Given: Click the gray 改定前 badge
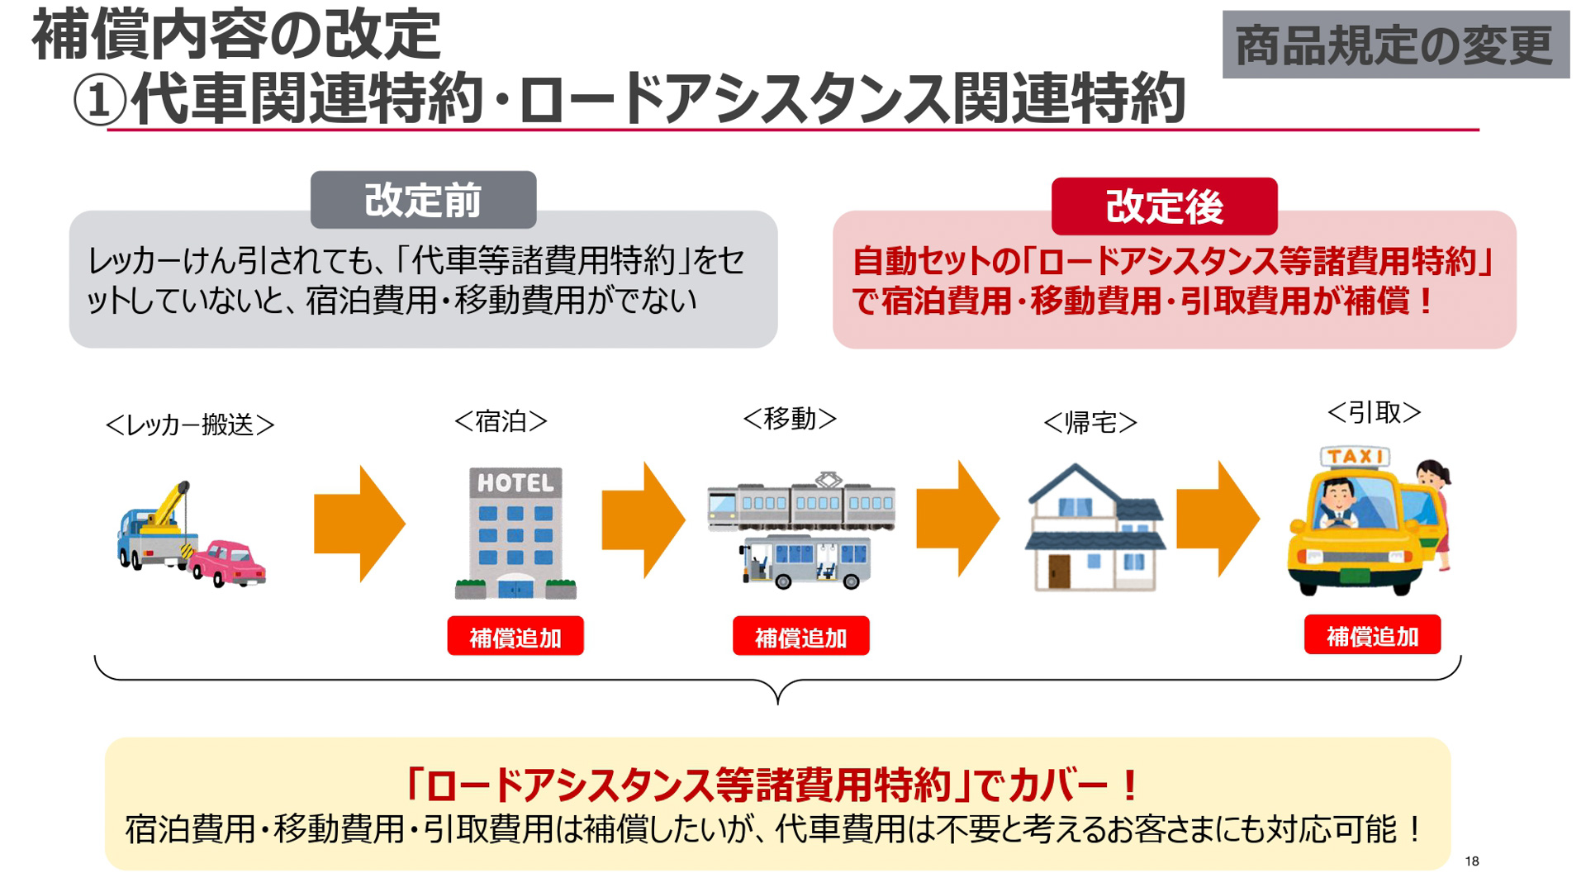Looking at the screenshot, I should [423, 200].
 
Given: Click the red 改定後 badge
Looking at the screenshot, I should [1164, 206].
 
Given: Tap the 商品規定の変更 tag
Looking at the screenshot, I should [1395, 45].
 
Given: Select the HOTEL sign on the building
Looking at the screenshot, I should [515, 483].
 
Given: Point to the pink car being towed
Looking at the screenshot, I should [228, 563].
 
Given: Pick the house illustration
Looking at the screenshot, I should [1094, 529].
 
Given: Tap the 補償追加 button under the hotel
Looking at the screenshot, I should [515, 637].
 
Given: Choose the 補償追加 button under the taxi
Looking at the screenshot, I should [1372, 635].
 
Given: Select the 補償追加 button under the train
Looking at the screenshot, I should [800, 637].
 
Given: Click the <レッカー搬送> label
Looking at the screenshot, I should [190, 425].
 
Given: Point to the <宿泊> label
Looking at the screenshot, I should [501, 422].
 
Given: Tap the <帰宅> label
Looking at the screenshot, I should [1090, 423].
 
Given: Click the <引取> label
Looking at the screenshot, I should [1374, 412].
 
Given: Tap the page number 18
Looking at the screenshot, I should [1471, 861].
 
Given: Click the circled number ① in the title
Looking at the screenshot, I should [99, 101].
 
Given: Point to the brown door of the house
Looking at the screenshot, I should [1059, 571].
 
